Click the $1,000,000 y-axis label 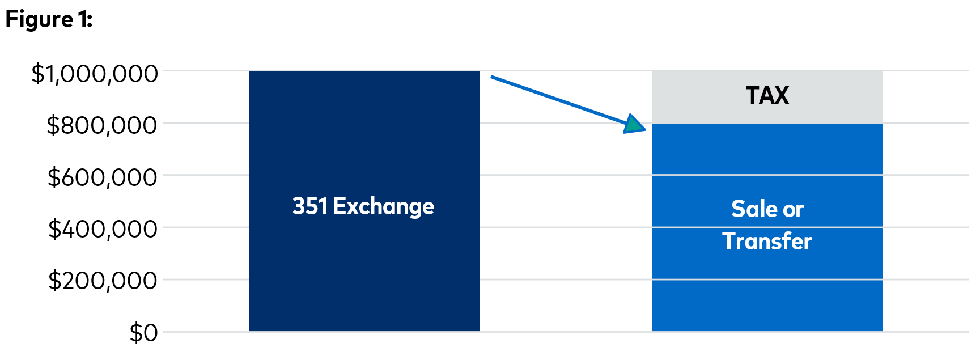(95, 74)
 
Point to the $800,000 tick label (102, 125)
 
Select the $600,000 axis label (102, 177)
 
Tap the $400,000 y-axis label (102, 229)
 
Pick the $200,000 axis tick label (102, 281)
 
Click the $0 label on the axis (144, 333)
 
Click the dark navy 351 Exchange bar (364, 201)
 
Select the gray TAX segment (767, 97)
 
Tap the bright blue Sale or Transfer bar (767, 227)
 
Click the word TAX (767, 95)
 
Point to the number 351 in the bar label (310, 206)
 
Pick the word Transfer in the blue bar (767, 242)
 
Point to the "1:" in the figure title (86, 19)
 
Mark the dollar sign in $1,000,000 (38, 74)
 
